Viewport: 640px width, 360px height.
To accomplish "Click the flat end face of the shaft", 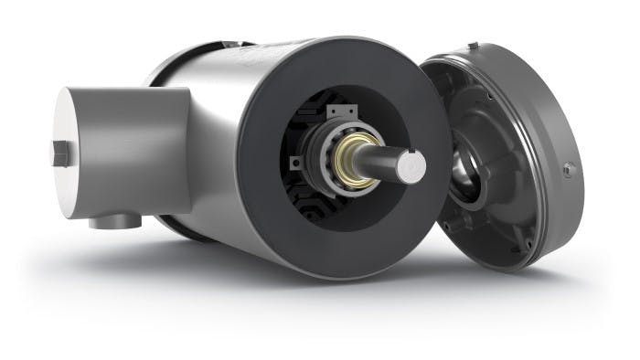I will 411,164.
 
